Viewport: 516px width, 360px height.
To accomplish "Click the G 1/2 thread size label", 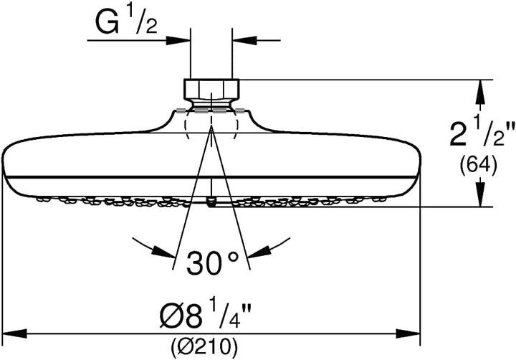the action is pyautogui.click(x=126, y=22).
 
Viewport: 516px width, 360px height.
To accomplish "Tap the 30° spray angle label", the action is pyautogui.click(x=212, y=263).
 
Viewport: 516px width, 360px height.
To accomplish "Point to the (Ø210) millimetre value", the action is pyautogui.click(x=204, y=346).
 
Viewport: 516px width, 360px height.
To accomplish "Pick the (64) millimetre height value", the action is pyautogui.click(x=478, y=164).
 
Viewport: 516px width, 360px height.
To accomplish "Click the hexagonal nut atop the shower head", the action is pyautogui.click(x=211, y=89).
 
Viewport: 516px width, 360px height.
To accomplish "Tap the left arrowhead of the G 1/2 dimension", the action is pyautogui.click(x=178, y=40).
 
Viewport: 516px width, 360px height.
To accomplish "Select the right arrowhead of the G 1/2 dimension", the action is pyautogui.click(x=244, y=40).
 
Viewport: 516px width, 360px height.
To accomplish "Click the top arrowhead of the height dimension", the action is pyautogui.click(x=481, y=92).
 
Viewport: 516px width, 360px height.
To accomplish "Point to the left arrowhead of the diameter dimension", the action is pyautogui.click(x=15, y=333).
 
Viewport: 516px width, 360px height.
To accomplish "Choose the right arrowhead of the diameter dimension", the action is pyautogui.click(x=408, y=333).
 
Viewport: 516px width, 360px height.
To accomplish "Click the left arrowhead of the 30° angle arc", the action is pyautogui.click(x=163, y=252).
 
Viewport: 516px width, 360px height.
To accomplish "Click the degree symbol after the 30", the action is pyautogui.click(x=233, y=257).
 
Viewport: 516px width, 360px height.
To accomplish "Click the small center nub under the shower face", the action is pyautogui.click(x=211, y=202).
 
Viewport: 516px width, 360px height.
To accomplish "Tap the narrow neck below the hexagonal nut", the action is pyautogui.click(x=211, y=105).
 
